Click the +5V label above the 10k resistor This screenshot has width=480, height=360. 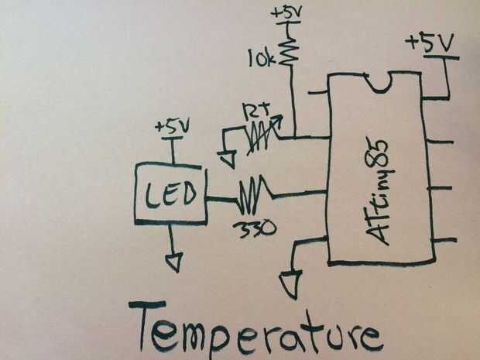(x=288, y=13)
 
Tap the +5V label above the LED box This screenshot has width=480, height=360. (x=171, y=125)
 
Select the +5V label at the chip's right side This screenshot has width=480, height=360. (x=431, y=44)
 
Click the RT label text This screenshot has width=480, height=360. (x=255, y=111)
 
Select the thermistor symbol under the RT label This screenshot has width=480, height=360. (x=260, y=138)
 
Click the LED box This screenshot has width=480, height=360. (x=171, y=192)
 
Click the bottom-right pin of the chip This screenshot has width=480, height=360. (x=443, y=241)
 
